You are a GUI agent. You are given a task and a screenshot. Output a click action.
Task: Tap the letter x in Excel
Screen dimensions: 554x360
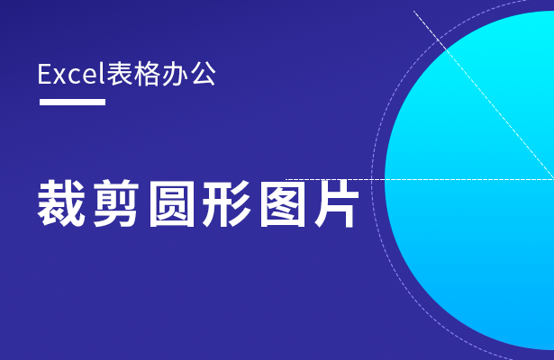(x=59, y=76)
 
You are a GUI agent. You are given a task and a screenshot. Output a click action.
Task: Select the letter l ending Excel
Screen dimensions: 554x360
(x=103, y=73)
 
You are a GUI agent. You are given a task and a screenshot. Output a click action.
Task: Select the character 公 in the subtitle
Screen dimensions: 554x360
(x=203, y=74)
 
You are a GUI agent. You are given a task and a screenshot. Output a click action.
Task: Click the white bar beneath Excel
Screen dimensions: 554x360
(x=72, y=102)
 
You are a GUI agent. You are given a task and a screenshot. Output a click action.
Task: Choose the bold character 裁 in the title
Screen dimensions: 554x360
(x=61, y=202)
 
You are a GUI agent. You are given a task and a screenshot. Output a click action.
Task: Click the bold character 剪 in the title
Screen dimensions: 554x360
(x=116, y=203)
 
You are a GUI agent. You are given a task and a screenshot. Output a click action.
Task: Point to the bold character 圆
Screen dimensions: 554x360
(x=172, y=203)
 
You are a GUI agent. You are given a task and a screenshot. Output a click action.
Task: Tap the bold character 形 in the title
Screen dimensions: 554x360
(x=227, y=203)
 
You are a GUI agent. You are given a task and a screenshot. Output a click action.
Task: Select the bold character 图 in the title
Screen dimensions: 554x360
(x=282, y=203)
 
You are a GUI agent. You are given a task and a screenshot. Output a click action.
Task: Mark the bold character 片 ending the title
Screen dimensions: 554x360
(x=337, y=203)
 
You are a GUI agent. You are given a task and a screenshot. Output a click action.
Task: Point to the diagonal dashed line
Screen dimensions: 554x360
(x=484, y=94)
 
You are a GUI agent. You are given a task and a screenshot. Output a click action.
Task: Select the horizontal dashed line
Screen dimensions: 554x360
(x=420, y=179)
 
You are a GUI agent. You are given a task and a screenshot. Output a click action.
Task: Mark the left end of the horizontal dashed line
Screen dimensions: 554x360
(x=286, y=179)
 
